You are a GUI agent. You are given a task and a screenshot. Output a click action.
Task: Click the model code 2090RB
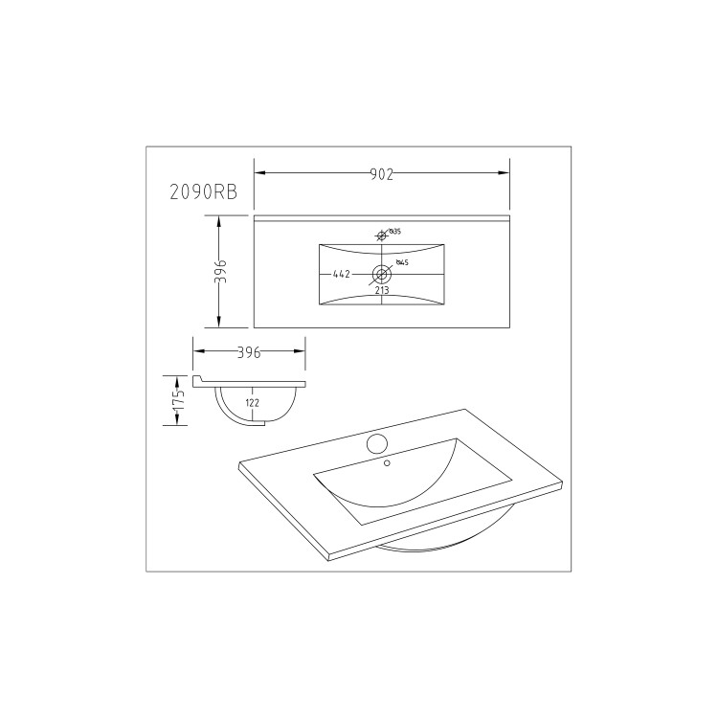(203, 191)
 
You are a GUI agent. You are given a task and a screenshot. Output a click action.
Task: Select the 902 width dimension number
(382, 173)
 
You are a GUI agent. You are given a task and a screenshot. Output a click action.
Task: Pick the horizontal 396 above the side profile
(249, 352)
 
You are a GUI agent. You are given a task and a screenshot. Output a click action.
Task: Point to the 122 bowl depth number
(252, 403)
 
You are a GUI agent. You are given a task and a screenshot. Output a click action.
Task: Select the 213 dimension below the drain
(382, 290)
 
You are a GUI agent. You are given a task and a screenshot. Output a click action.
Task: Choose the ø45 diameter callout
(403, 262)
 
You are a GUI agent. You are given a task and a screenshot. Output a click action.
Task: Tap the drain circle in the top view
(382, 274)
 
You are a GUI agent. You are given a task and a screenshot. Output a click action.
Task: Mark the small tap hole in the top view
(381, 235)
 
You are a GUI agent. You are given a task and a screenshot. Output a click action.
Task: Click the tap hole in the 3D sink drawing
(376, 443)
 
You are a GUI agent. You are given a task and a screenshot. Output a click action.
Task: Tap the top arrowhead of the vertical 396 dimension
(219, 220)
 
